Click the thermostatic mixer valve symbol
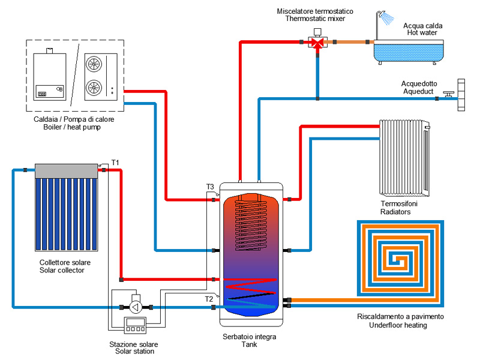pos(316,42)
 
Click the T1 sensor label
pos(116,163)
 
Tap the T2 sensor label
pos(209,298)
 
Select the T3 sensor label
pos(210,187)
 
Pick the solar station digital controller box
pos(136,325)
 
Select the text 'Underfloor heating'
pos(399,325)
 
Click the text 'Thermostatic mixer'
pos(316,19)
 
